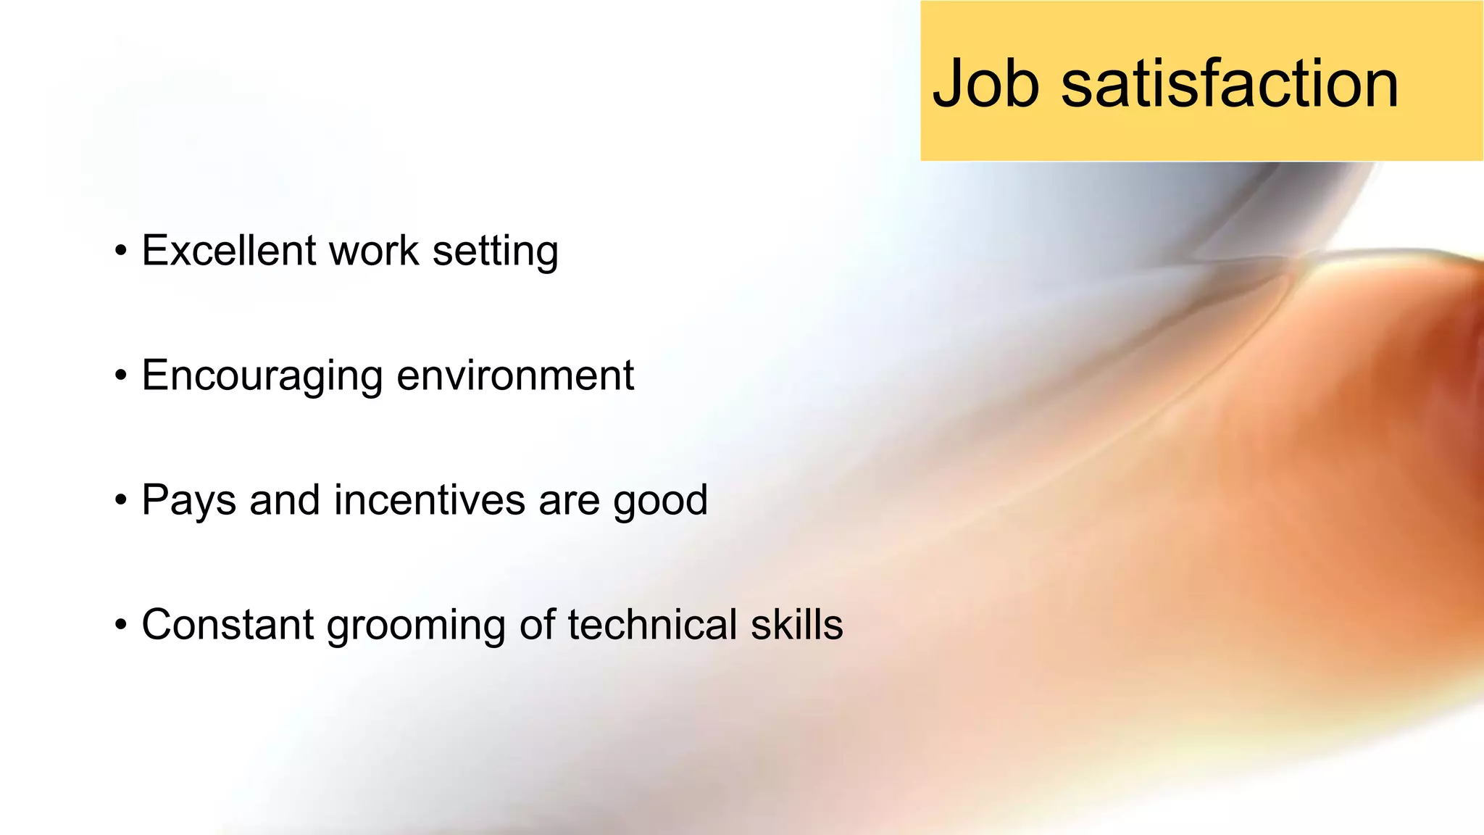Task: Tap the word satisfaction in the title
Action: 1230,84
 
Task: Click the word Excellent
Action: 229,251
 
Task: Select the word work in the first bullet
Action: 374,251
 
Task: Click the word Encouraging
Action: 262,377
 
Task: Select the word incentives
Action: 429,500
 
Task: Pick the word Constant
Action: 228,625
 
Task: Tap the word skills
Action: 796,625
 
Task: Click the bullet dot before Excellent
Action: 121,252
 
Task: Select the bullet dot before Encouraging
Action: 121,377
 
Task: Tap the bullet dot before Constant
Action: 121,626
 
